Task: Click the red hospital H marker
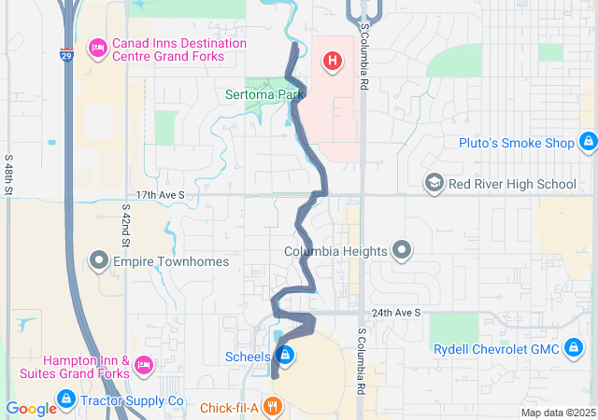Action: pos(331,63)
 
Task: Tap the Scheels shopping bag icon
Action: pos(287,356)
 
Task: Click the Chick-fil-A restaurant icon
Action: pos(273,406)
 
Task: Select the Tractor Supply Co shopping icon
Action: pos(65,400)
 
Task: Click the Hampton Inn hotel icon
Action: pos(144,363)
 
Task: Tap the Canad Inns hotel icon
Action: pos(97,49)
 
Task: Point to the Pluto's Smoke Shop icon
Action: pos(588,143)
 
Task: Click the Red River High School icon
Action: pos(434,183)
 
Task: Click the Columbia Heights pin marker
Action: pos(402,250)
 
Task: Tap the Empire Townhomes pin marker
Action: pos(99,260)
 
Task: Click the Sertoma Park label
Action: pos(265,94)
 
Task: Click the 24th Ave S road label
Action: pos(395,313)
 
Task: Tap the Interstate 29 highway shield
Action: pos(64,56)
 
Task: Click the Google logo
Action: pos(31,408)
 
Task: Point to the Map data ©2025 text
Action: pos(557,413)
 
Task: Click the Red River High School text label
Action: pos(512,184)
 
